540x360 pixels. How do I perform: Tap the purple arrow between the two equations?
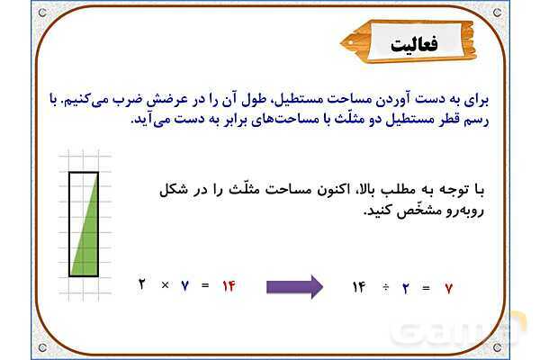pos(294,287)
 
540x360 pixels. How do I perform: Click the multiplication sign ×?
pos(165,285)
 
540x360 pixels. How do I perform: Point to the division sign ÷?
pos(384,288)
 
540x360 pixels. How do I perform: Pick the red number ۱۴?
pos(229,285)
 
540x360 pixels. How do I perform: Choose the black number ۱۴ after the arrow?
pos(359,288)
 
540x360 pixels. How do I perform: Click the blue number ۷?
pos(185,285)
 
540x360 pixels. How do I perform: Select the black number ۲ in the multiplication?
pos(142,285)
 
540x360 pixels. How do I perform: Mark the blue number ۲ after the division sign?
pos(406,288)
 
